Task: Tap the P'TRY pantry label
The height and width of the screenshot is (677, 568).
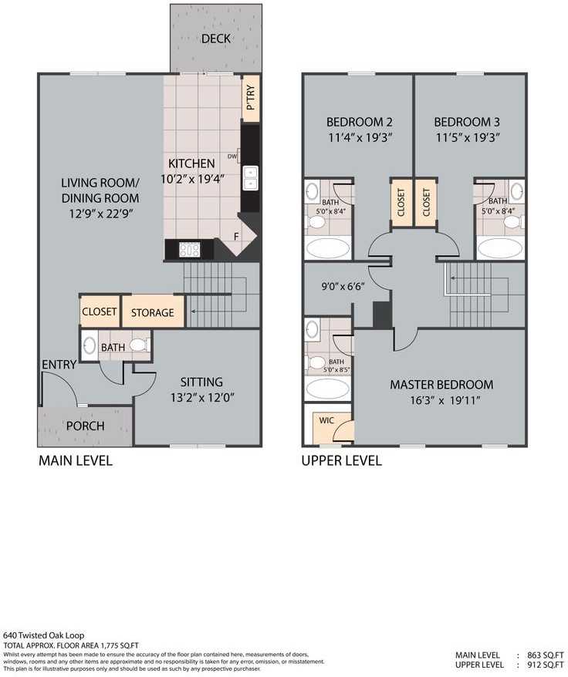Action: point(251,101)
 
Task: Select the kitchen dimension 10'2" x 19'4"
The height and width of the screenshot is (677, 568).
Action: point(191,180)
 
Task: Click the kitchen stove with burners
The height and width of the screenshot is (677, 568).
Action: point(189,249)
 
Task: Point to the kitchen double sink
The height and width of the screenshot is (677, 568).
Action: point(250,180)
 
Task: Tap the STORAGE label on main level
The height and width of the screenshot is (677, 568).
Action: point(152,312)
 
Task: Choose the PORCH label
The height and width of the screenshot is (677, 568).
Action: point(85,426)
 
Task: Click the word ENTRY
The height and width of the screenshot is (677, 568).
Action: point(59,365)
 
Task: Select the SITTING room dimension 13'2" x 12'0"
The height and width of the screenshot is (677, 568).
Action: point(201,398)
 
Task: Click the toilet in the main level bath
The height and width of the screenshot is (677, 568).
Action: point(139,346)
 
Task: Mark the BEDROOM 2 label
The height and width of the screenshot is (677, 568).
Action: point(359,122)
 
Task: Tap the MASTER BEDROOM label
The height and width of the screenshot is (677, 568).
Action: point(441,384)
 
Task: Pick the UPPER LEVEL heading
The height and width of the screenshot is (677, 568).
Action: point(341,461)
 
